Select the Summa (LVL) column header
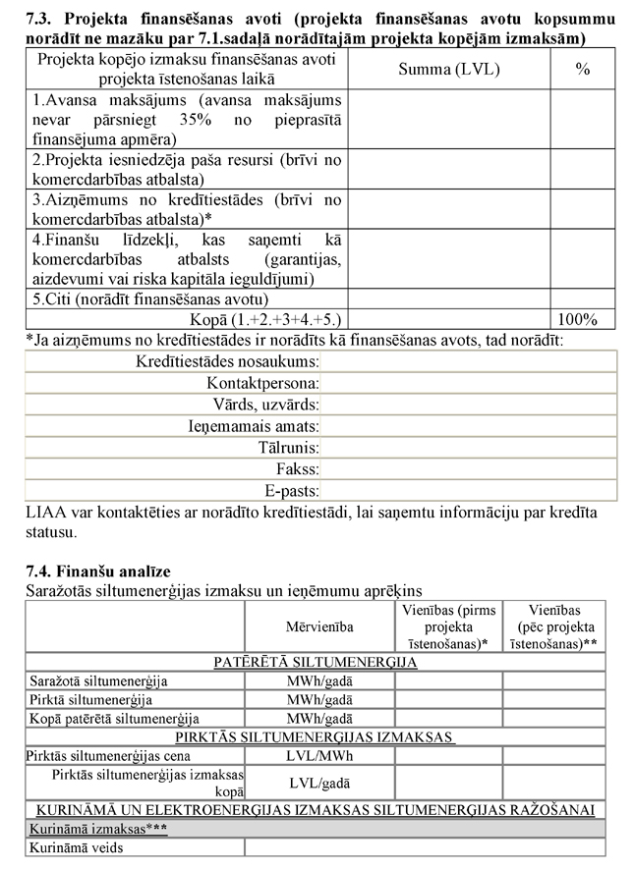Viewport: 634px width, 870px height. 448,70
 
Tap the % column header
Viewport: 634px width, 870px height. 583,70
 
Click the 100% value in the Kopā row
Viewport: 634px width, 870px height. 577,319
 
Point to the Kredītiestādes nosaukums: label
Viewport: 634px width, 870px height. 227,360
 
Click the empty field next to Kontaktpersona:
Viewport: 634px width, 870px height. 469,382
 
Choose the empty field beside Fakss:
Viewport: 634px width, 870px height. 469,469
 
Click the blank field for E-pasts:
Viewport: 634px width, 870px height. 469,490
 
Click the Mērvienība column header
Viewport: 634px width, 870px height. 319,625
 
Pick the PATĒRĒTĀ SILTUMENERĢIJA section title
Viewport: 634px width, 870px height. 316,662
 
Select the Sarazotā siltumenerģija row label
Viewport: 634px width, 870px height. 98,680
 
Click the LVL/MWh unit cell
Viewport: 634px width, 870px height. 319,756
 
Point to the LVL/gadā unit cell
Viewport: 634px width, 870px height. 319,783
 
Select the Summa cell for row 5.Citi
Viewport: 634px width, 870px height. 448,299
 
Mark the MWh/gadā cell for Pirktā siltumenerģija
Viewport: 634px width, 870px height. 319,699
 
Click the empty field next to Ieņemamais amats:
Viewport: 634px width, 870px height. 469,426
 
